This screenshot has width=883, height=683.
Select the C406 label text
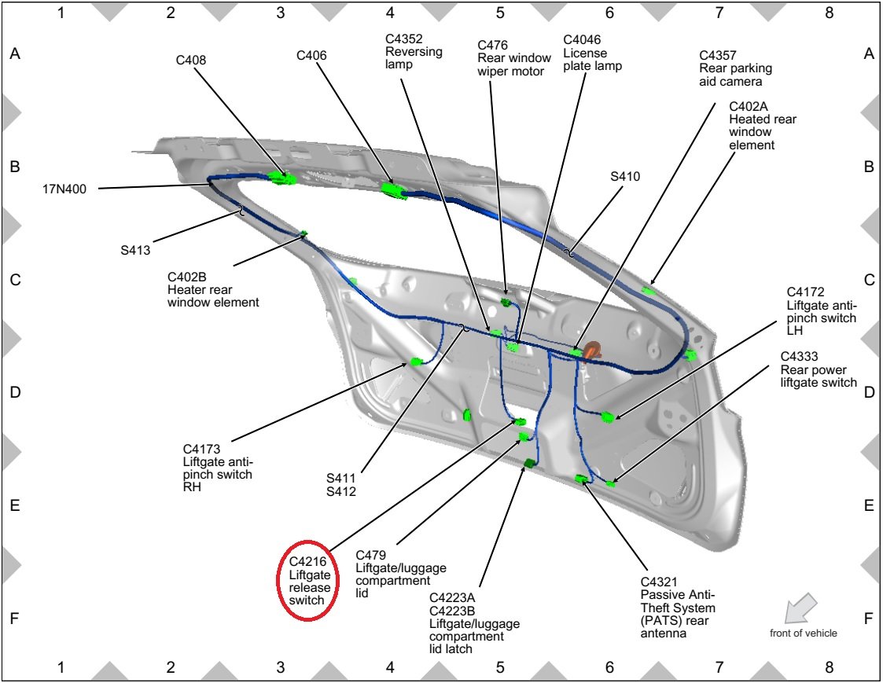click(x=311, y=56)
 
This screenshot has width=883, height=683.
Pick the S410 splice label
click(x=625, y=177)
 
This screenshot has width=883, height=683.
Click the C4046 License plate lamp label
click(x=592, y=52)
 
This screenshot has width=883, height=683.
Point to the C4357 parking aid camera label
click(x=730, y=68)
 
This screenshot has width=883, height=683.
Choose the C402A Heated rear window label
click(x=762, y=126)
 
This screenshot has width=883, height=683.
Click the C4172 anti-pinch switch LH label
click(x=821, y=310)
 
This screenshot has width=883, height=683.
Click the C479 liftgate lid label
click(x=400, y=574)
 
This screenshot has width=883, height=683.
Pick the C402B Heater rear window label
click(x=212, y=289)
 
